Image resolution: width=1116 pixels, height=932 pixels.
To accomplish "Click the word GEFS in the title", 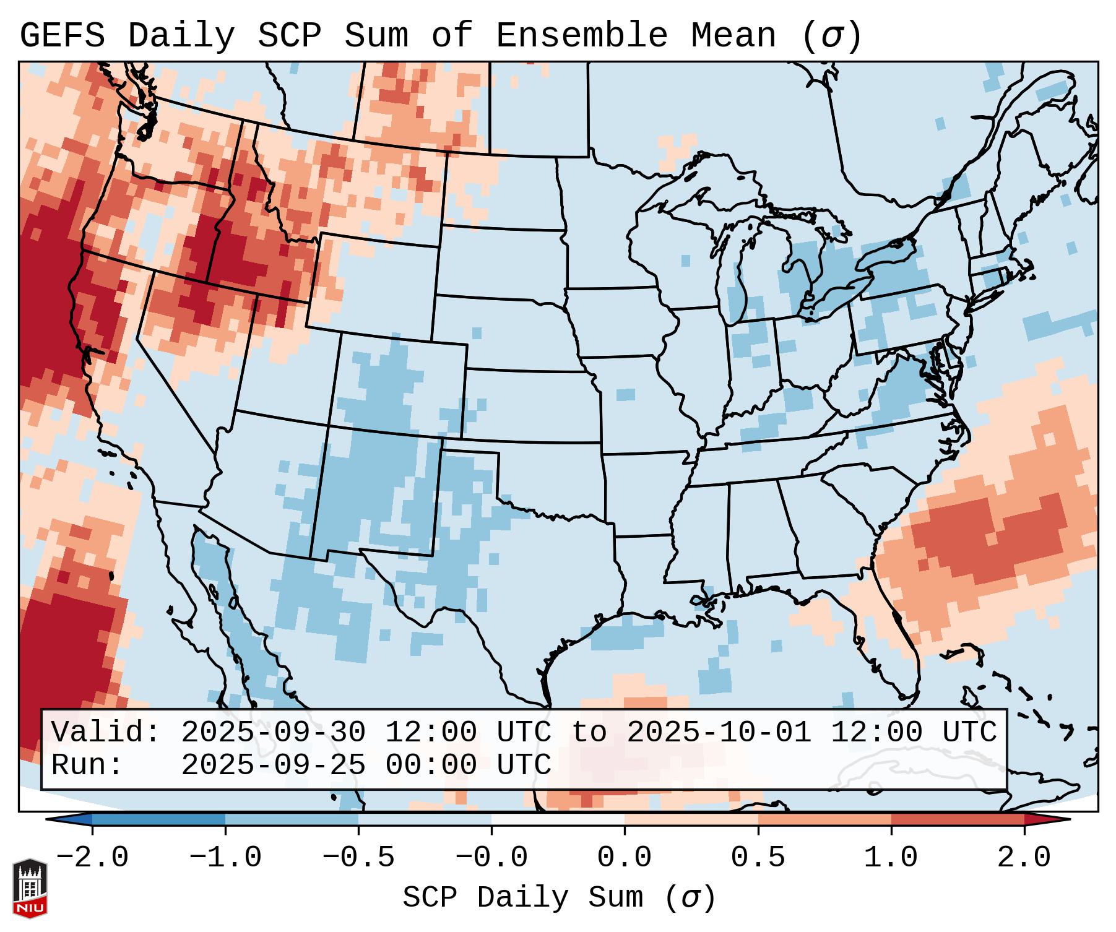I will tap(62, 35).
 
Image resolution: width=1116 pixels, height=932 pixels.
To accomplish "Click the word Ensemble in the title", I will tap(581, 35).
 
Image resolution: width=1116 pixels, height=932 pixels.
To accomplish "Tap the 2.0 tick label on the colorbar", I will tap(1024, 858).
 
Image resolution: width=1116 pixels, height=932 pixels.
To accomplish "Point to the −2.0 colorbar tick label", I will tap(92, 858).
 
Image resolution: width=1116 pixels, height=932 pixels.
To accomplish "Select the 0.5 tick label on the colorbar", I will tap(758, 858).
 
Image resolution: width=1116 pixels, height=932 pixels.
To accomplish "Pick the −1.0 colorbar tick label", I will tap(225, 858).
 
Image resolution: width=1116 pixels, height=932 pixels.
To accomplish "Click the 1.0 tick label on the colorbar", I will tap(891, 858).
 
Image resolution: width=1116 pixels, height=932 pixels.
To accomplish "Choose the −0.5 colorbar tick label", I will tap(358, 858).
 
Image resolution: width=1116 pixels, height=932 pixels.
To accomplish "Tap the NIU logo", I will tap(30, 888).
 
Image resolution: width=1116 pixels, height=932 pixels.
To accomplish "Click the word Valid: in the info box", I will tap(106, 732).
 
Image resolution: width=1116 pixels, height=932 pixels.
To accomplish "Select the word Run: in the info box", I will tap(87, 765).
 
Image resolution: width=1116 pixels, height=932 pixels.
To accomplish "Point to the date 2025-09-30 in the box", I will tap(273, 732).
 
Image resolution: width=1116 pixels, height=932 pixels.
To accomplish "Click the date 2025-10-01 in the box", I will tap(719, 732).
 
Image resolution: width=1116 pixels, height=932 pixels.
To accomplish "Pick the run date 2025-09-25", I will tap(273, 765).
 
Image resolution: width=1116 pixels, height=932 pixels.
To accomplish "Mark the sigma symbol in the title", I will tap(831, 37).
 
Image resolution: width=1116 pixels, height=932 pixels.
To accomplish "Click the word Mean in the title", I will tap(733, 35).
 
